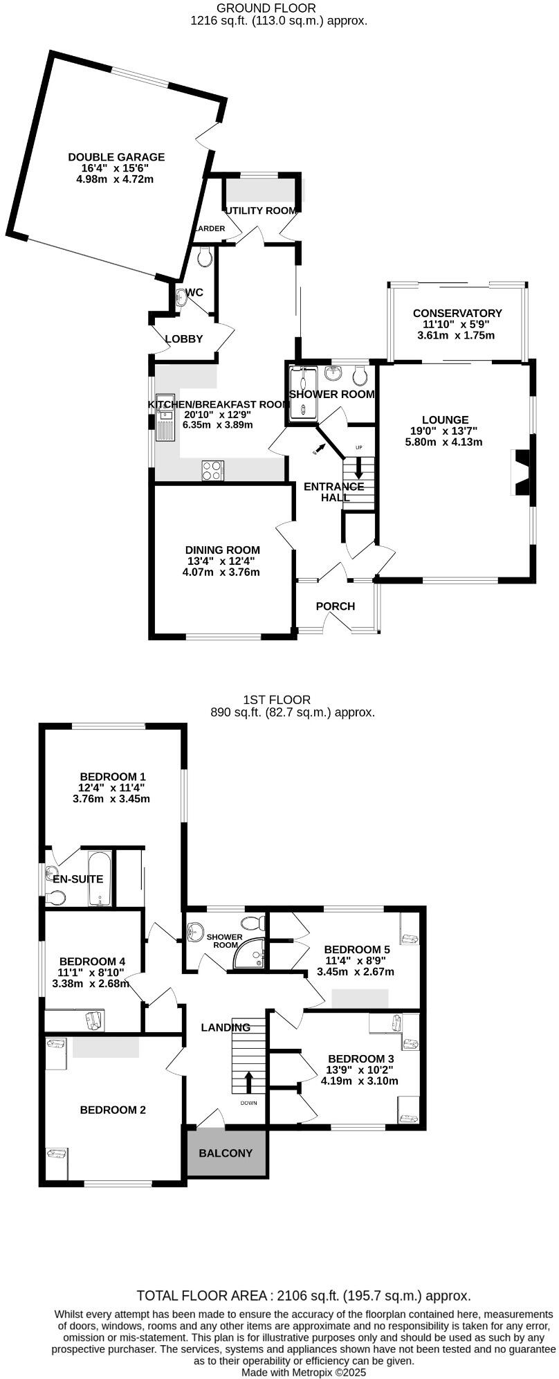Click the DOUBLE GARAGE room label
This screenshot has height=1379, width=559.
pyautogui.click(x=116, y=157)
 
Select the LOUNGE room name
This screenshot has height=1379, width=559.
pyautogui.click(x=445, y=420)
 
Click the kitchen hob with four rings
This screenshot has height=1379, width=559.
pyautogui.click(x=212, y=471)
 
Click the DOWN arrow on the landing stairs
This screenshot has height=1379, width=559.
pyautogui.click(x=248, y=1081)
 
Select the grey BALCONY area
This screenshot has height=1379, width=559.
pyautogui.click(x=226, y=1153)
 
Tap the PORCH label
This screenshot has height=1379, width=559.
pyautogui.click(x=336, y=606)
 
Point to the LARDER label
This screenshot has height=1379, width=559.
pyautogui.click(x=209, y=229)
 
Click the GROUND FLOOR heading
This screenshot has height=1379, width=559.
pyautogui.click(x=266, y=8)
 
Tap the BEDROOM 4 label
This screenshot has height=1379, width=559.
pyautogui.click(x=92, y=962)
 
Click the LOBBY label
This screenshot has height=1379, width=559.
pyautogui.click(x=184, y=339)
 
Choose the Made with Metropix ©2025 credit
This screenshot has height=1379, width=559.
pyautogui.click(x=304, y=1372)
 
